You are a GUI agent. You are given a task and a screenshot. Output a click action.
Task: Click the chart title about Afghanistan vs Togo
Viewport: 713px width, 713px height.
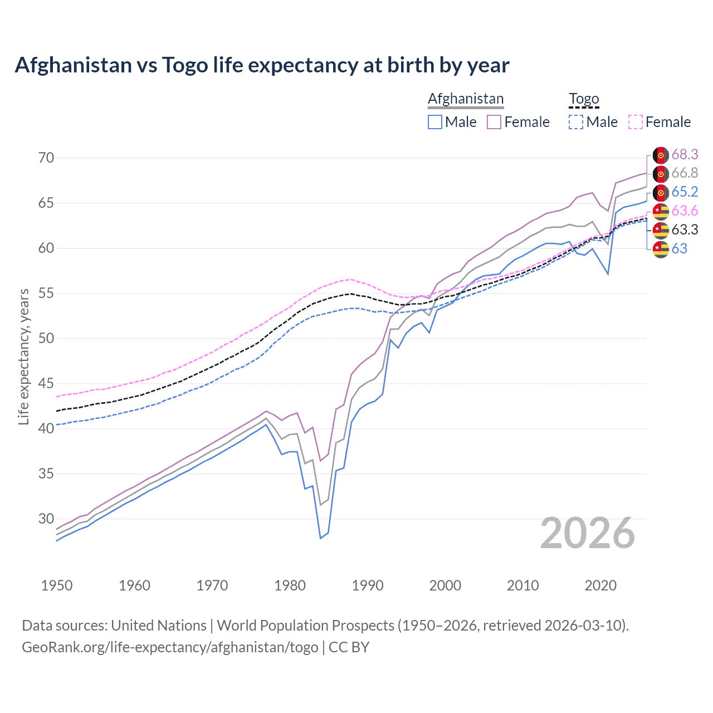262,65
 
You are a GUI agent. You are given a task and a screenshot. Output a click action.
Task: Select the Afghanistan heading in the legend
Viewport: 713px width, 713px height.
466,99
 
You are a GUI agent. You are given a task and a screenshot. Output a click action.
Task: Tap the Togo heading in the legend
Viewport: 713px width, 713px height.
584,99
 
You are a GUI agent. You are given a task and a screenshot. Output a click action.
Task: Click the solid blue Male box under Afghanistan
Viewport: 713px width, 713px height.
435,122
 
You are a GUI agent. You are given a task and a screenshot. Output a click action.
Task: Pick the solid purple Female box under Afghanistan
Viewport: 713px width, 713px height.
494,122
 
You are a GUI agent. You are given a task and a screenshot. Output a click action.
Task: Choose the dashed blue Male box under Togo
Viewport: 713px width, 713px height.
576,122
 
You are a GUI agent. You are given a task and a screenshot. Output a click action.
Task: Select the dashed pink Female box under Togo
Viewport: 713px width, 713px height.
635,122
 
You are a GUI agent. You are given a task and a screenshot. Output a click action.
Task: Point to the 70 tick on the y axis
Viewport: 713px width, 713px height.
46,158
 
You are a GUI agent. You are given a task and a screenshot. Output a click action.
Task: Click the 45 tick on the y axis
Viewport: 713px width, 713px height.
46,383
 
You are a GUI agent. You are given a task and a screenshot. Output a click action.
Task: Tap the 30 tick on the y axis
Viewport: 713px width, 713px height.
46,519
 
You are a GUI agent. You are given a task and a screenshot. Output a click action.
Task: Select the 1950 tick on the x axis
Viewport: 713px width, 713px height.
57,585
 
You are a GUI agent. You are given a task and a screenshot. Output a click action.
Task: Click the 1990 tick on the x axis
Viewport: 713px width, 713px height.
367,585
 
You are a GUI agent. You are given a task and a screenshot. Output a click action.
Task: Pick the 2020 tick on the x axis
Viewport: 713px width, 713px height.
600,585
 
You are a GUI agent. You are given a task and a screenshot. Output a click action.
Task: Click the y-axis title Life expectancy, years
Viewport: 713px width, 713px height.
24,356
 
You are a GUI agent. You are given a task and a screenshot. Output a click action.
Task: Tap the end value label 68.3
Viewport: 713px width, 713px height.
685,154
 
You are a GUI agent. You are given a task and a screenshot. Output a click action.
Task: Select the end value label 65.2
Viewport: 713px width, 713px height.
685,192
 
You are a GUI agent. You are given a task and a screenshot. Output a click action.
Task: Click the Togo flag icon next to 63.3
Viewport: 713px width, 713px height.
661,229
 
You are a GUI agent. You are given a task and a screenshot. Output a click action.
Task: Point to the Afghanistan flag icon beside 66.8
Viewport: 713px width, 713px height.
661,173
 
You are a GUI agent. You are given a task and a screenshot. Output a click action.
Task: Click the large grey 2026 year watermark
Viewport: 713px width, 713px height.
588,534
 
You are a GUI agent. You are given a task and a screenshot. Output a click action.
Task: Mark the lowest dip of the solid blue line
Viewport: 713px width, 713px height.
320,538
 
